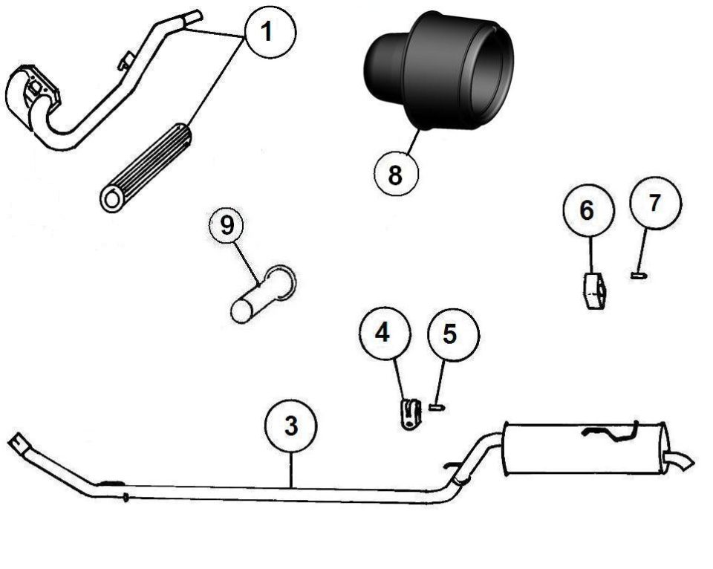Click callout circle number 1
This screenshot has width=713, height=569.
(270, 32)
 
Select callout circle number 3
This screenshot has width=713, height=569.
(291, 426)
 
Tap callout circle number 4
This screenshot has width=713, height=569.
(385, 333)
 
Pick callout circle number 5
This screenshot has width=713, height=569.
(453, 335)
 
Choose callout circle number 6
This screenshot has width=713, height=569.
(589, 210)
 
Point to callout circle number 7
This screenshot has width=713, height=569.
(655, 203)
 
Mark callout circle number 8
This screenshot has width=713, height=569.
(396, 174)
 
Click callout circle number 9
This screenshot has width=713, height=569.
(227, 226)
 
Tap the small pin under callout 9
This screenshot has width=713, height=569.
(263, 295)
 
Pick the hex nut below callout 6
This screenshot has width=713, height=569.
(593, 291)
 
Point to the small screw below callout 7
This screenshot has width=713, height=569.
(639, 275)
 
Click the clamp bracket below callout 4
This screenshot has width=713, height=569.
(410, 414)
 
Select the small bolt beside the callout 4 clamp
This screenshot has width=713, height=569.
(437, 408)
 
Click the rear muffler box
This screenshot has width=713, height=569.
(585, 448)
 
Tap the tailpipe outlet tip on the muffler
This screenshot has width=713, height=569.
(680, 461)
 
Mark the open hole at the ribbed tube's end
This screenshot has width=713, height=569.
(111, 199)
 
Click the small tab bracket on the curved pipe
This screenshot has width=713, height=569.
(126, 61)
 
